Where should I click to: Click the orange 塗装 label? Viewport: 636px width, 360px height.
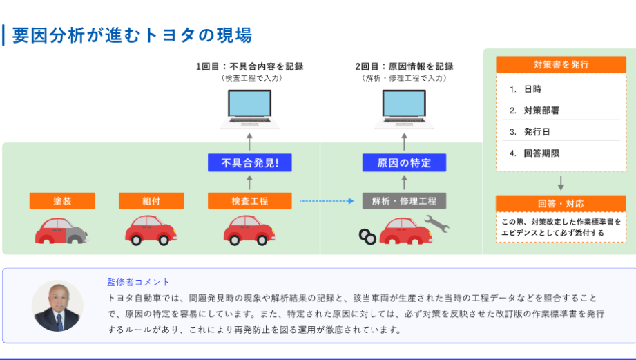tap(62, 201)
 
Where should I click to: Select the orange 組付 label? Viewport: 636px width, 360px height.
tap(151, 201)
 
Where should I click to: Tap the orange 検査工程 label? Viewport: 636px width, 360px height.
tap(249, 201)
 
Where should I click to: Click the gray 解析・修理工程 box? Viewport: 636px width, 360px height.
tap(404, 201)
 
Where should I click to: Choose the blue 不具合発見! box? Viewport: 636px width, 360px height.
tap(249, 163)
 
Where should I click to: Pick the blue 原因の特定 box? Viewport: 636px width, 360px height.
tap(404, 163)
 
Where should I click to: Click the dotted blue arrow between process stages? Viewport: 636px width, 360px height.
tap(327, 201)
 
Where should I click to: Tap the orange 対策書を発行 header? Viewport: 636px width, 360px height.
tap(561, 65)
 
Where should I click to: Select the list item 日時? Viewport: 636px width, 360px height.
tap(532, 89)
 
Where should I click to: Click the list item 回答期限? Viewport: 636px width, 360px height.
tap(541, 153)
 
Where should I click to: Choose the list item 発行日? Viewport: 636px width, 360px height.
tap(536, 131)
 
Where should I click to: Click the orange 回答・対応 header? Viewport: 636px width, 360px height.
tap(561, 204)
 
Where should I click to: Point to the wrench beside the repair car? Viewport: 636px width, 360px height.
tap(436, 223)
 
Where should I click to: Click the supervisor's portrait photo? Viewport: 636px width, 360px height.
tap(57, 305)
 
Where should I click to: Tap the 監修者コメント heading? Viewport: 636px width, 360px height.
tap(138, 282)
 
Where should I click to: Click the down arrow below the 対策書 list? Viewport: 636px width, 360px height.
tap(561, 183)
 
